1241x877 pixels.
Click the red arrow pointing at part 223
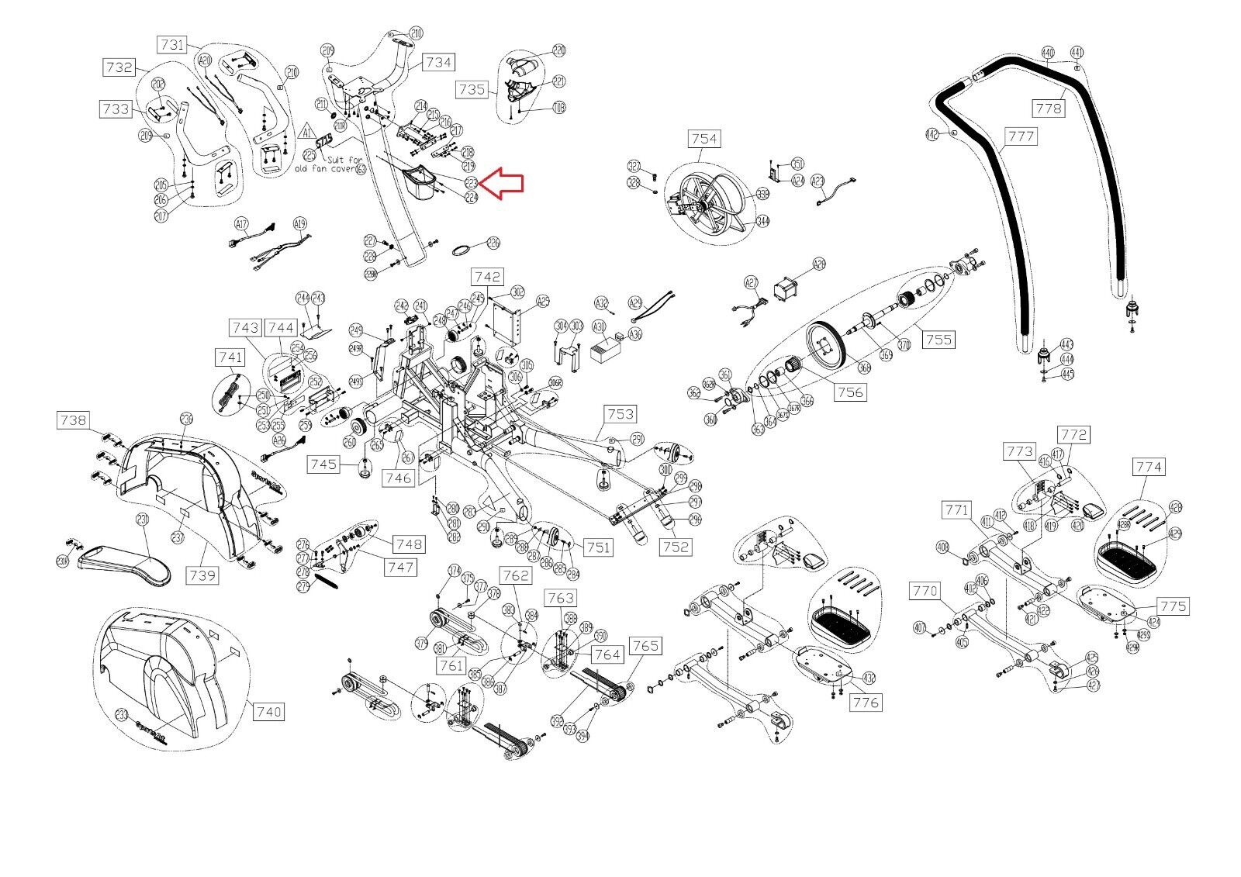(502, 184)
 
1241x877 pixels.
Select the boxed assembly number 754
(703, 139)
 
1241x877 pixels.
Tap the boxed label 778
(1049, 109)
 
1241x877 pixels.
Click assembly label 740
(268, 711)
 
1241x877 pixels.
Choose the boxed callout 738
(74, 420)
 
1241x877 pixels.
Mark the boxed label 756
(850, 392)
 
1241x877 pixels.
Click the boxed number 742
(487, 277)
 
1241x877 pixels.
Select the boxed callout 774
(1149, 467)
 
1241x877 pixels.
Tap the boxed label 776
(865, 703)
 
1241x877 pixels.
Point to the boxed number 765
(645, 646)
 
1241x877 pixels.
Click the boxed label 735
(472, 89)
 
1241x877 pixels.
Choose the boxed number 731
(173, 44)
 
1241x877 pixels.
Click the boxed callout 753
(620, 415)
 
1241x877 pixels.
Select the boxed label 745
(323, 464)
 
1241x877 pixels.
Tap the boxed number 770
(925, 592)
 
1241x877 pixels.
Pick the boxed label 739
(203, 575)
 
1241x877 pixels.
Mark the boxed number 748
(409, 544)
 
